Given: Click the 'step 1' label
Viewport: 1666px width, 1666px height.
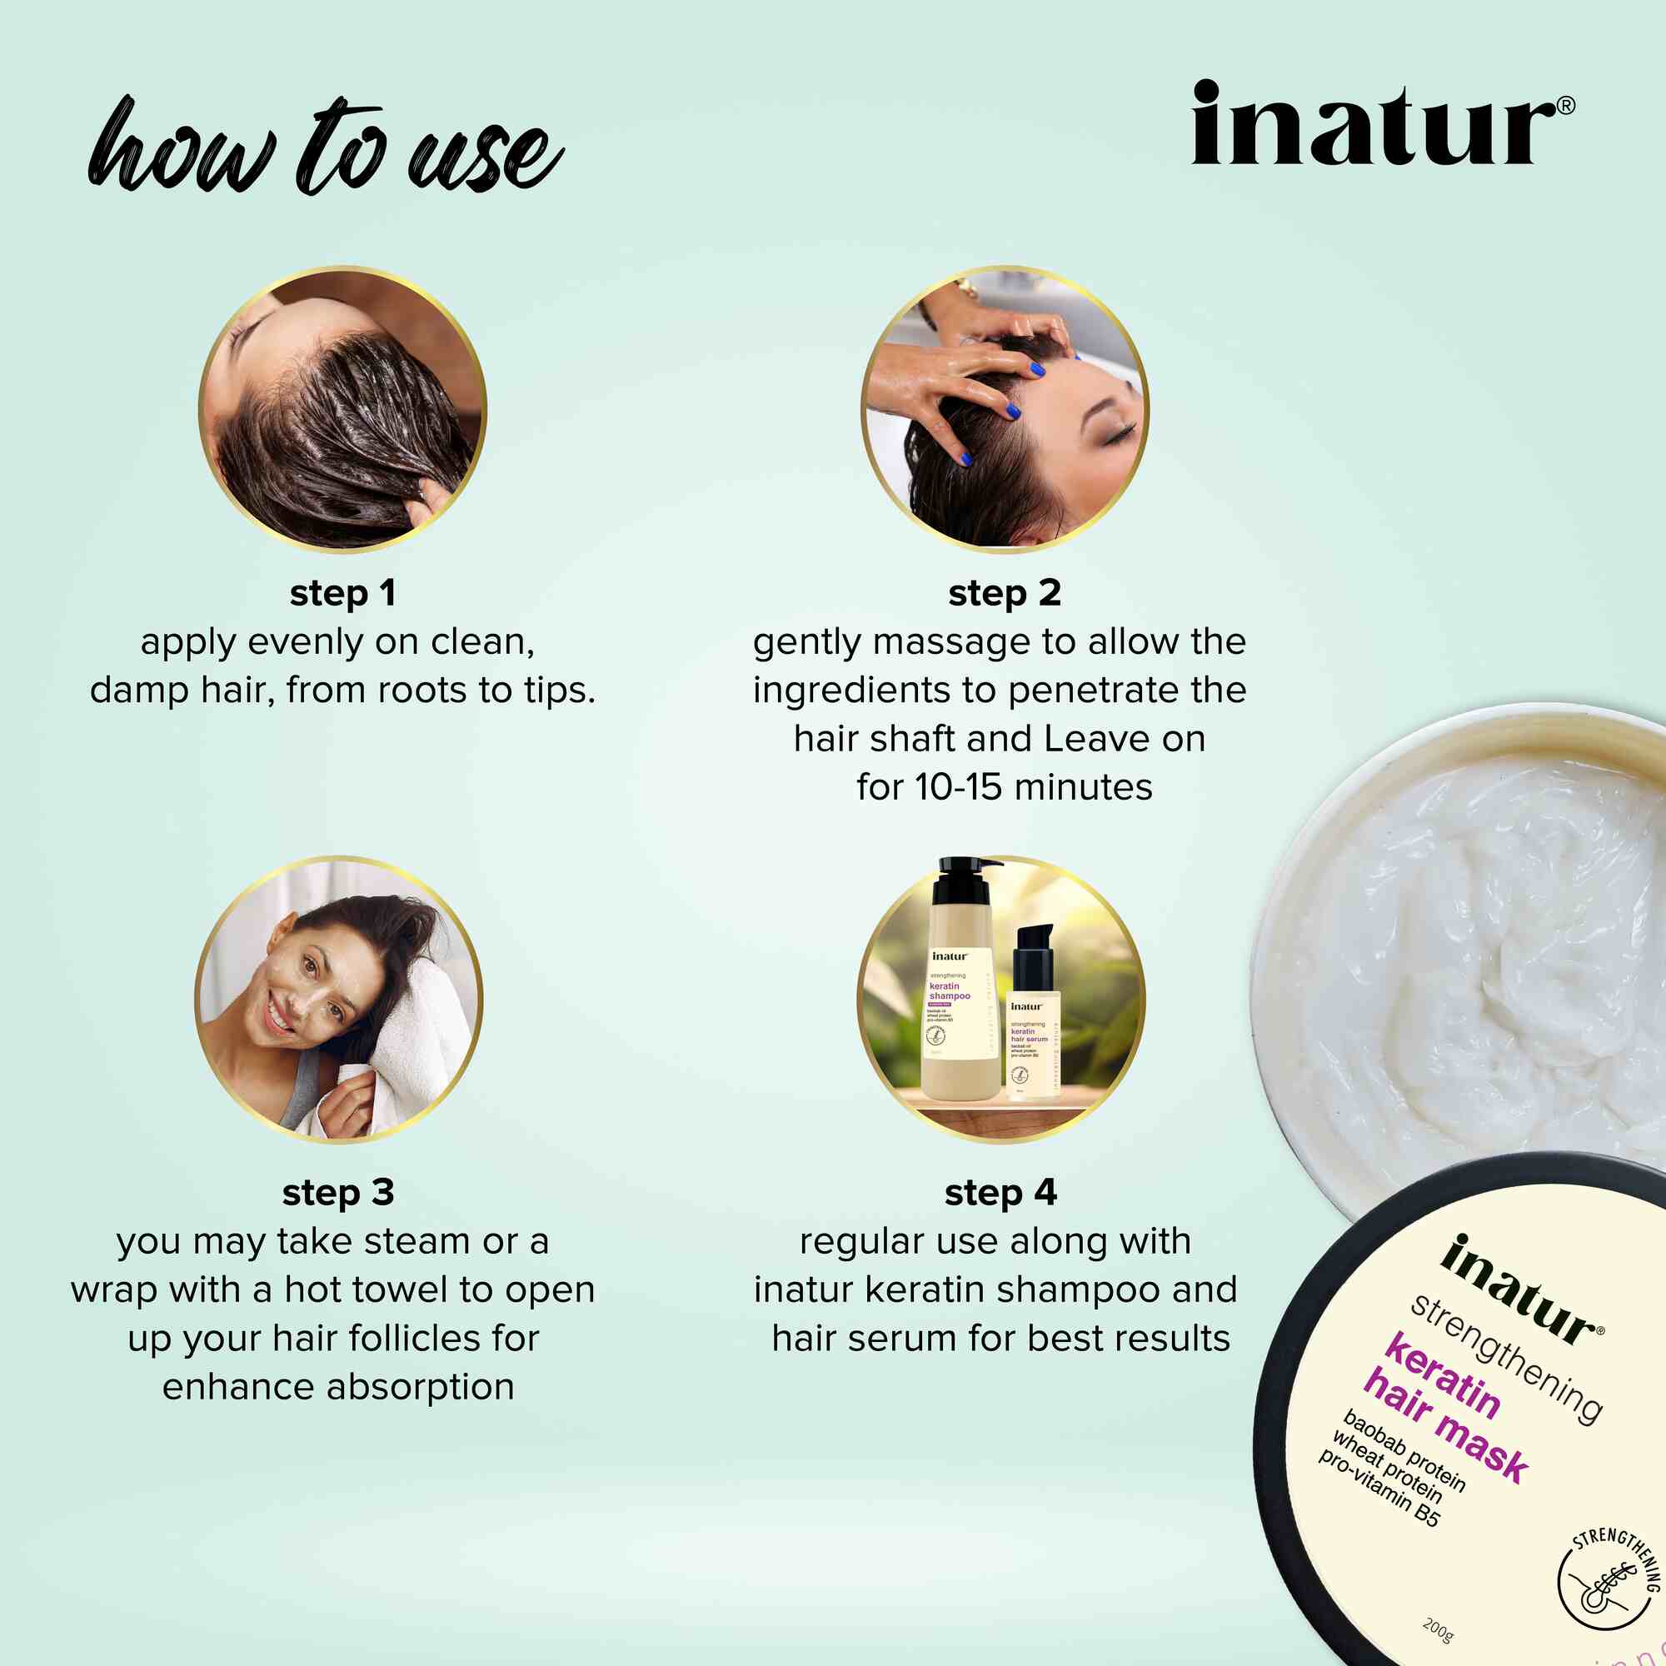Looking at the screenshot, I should [342, 593].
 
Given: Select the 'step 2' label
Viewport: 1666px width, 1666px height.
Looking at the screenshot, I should [1004, 593].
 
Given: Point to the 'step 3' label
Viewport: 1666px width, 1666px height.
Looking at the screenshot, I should [338, 1193].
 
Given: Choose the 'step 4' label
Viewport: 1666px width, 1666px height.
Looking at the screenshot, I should [1000, 1193].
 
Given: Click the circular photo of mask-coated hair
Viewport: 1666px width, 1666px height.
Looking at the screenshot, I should [342, 408].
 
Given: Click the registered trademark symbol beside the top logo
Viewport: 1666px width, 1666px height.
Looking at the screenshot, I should [1567, 105].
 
